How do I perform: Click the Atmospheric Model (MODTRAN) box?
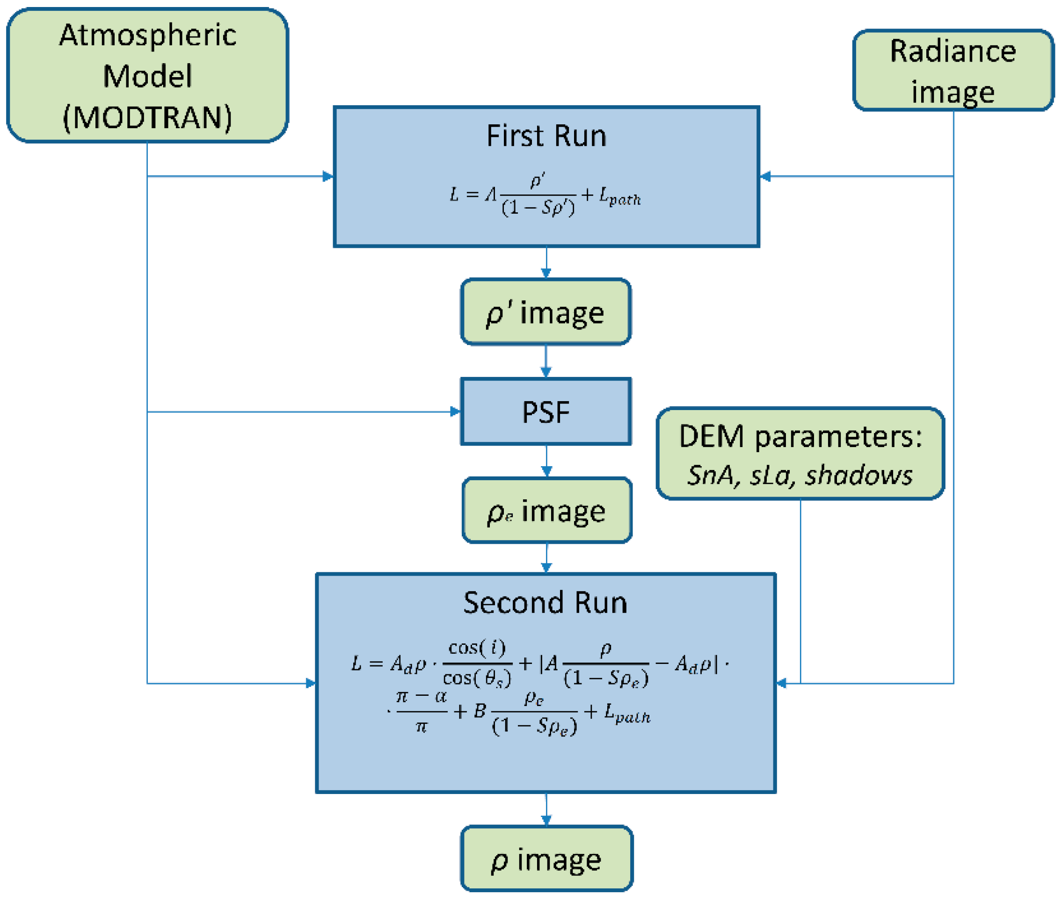(x=147, y=76)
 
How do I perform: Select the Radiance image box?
(x=952, y=71)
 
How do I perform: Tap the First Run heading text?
(x=546, y=136)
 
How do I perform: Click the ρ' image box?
(x=546, y=312)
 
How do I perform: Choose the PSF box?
(x=546, y=411)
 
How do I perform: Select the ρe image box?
(x=546, y=510)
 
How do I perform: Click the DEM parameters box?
(x=800, y=454)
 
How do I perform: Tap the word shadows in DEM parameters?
(x=858, y=475)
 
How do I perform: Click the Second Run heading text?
(x=545, y=602)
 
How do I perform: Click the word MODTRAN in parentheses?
(x=147, y=118)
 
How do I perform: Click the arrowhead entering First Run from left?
(x=328, y=177)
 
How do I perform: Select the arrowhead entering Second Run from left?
(x=311, y=683)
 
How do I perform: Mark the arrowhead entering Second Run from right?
(x=782, y=683)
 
